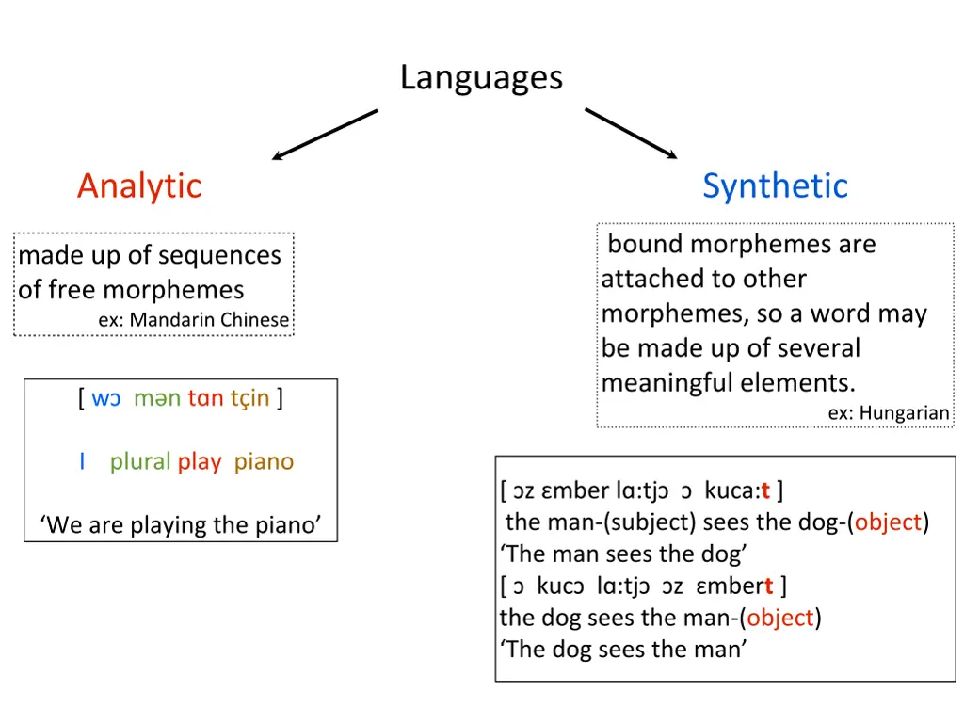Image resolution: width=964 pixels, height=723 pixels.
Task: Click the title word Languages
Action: (481, 77)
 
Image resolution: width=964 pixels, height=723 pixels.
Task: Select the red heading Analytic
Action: (139, 185)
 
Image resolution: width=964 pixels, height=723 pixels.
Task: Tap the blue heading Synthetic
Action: (775, 185)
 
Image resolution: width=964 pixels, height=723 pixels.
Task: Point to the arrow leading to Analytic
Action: (325, 135)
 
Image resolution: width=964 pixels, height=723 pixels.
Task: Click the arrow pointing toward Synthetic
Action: (631, 134)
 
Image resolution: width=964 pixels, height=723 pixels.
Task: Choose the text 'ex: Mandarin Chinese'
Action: (193, 320)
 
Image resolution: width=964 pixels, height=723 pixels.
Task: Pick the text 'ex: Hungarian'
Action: (889, 413)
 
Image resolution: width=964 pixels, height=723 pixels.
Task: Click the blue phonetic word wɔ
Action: (106, 398)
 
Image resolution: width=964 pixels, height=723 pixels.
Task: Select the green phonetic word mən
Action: (156, 398)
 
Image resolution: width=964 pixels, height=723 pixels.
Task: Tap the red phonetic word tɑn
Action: (204, 398)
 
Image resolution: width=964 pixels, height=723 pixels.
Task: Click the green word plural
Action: (139, 461)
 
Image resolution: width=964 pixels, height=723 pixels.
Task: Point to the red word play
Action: (200, 461)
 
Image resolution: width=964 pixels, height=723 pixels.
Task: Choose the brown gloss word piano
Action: (264, 461)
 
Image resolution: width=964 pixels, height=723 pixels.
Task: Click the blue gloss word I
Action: (83, 461)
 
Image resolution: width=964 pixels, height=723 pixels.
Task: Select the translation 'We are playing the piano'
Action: (181, 524)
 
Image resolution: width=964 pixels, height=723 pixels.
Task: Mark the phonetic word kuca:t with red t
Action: (737, 490)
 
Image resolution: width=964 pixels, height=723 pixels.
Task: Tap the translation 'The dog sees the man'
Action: (623, 650)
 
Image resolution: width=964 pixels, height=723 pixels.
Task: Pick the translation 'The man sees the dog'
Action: (623, 554)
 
